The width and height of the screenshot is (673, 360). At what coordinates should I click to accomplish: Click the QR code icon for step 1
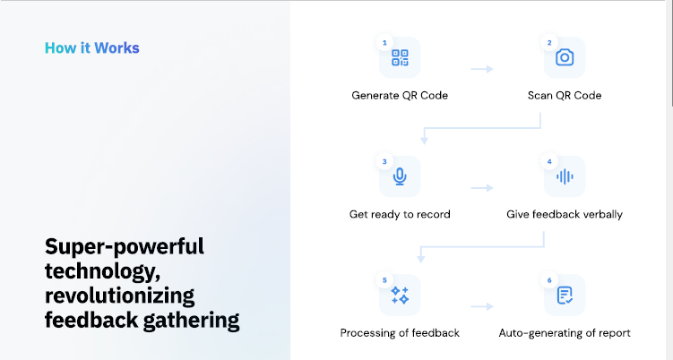[x=400, y=57]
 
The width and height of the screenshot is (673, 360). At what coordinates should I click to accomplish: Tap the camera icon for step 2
[x=565, y=57]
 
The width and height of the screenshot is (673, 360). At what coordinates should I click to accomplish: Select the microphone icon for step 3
[x=400, y=176]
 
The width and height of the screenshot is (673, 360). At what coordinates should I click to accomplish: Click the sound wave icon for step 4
[x=565, y=176]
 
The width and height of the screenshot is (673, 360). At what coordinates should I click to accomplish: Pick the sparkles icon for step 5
[x=400, y=296]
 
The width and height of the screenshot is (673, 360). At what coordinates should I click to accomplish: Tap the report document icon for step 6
[x=565, y=296]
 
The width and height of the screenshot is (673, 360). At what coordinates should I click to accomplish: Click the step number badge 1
[x=384, y=43]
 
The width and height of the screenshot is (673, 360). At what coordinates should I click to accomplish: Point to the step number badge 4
[x=549, y=162]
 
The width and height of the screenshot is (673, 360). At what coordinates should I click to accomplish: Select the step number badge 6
[x=549, y=280]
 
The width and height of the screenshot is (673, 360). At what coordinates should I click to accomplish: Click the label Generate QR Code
[x=400, y=95]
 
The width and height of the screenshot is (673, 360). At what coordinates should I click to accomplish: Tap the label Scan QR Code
[x=565, y=95]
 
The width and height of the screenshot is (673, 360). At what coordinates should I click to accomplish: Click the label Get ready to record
[x=400, y=214]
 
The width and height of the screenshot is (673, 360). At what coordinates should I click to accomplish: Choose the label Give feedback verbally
[x=565, y=214]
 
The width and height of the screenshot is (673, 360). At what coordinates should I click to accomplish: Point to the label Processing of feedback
[x=400, y=333]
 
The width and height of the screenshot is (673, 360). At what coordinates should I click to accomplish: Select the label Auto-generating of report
[x=565, y=333]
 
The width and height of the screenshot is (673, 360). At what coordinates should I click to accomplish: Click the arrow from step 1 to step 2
[x=482, y=69]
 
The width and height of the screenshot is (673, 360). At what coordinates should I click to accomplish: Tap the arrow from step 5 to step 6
[x=482, y=306]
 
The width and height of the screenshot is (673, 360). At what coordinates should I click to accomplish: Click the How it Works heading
[x=91, y=47]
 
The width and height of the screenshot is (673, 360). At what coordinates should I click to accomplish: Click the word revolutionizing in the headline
[x=119, y=296]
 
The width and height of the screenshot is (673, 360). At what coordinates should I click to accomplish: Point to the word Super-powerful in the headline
[x=125, y=247]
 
